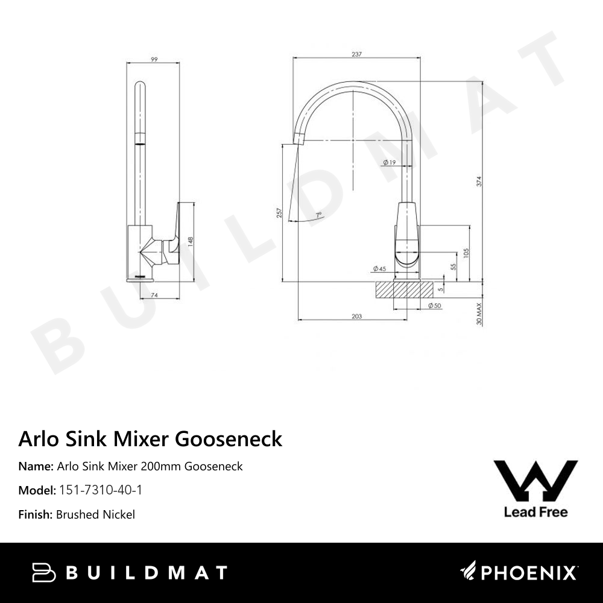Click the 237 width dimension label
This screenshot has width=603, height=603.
click(356, 54)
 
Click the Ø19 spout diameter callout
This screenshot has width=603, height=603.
click(389, 162)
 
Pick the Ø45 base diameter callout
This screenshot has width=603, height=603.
click(379, 268)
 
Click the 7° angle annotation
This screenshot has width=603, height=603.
click(318, 215)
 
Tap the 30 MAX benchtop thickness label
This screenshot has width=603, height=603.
click(479, 314)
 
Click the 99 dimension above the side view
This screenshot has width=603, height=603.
click(154, 59)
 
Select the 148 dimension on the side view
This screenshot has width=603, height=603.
click(190, 241)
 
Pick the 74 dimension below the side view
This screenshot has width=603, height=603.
click(154, 295)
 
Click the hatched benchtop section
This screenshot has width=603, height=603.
click(405, 289)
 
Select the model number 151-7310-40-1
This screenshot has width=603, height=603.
click(100, 490)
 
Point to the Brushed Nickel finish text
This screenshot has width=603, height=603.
click(95, 514)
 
